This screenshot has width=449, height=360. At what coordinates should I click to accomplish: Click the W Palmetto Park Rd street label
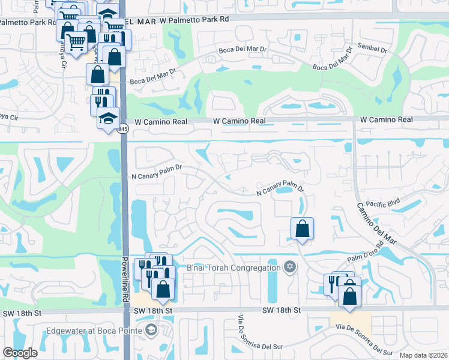[x=194, y=19]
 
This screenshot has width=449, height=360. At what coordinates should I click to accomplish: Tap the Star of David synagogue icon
[x=289, y=267]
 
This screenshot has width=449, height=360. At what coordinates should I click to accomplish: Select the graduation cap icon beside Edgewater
[x=150, y=331]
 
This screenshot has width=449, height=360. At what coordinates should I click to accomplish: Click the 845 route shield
[x=123, y=129]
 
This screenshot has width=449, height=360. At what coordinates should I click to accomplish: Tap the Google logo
[x=20, y=353]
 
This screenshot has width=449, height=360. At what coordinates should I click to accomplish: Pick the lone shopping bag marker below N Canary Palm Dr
[x=302, y=229]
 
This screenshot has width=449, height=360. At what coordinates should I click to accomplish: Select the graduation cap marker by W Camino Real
[x=108, y=118]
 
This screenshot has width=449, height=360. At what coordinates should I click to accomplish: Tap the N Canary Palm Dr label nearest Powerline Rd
[x=156, y=176]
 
